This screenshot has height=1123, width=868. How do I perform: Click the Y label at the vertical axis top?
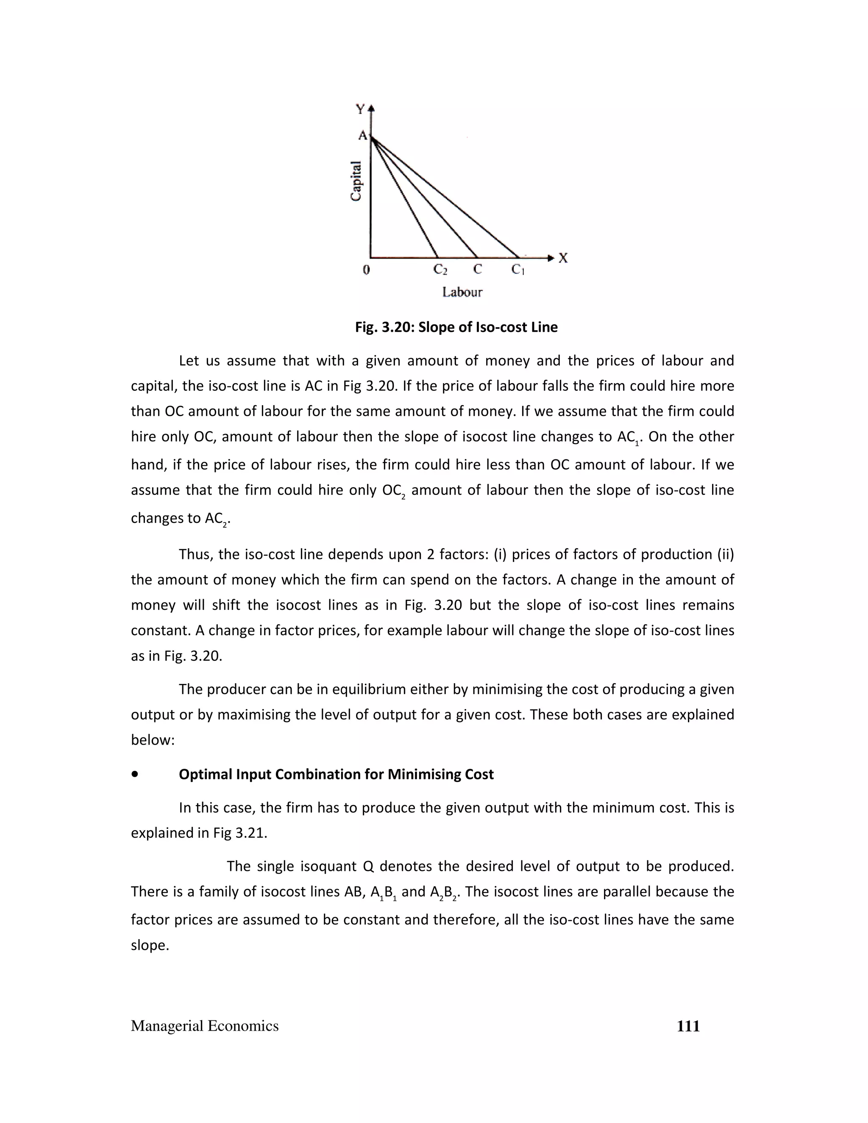click(360, 109)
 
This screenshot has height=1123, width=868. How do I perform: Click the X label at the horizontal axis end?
click(563, 258)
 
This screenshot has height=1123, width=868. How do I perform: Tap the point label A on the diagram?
click(362, 136)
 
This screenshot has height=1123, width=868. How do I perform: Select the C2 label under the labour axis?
click(440, 270)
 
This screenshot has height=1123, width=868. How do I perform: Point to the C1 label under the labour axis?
click(518, 270)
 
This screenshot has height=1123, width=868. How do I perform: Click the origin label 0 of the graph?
click(366, 270)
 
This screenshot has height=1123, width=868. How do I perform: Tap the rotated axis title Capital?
click(356, 181)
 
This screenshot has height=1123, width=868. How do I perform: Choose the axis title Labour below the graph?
click(462, 292)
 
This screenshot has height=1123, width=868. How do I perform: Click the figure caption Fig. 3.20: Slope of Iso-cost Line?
click(456, 328)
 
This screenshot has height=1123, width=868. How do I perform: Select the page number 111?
click(688, 1026)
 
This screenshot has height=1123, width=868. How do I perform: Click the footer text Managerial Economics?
click(205, 1026)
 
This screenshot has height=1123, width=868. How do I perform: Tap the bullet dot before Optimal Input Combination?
click(135, 774)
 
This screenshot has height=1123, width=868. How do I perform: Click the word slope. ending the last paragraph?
click(150, 945)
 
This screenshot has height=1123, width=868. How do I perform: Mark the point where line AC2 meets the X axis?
click(437, 257)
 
